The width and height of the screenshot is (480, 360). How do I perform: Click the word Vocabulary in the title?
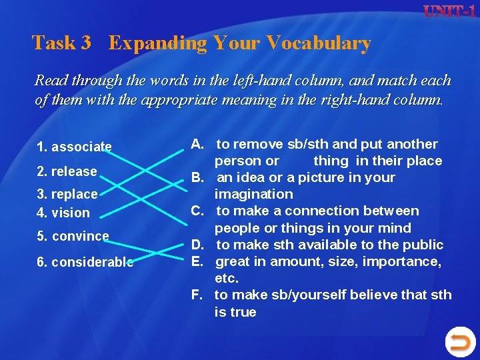pos(318,43)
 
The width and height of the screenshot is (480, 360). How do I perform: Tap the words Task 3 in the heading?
pos(61,43)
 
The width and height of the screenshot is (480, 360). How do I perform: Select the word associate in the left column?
pos(81,147)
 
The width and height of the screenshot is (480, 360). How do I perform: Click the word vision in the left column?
pos(70,213)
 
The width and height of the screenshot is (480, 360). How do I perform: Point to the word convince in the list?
pos(80,236)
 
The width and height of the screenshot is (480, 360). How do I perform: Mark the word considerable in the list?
pos(92,262)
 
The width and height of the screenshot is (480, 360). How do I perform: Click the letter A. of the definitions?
pos(198,144)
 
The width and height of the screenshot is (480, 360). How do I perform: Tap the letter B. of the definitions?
pos(198,177)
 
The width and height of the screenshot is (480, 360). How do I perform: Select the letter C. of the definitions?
pos(198,211)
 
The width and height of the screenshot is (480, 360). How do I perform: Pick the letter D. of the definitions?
pos(198,245)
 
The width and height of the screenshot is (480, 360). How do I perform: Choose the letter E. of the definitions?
pos(198,261)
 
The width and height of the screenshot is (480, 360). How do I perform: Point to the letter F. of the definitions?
pos(198,295)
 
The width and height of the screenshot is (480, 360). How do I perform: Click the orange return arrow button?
pos(459,342)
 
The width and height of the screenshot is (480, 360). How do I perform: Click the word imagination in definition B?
pos(253,194)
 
